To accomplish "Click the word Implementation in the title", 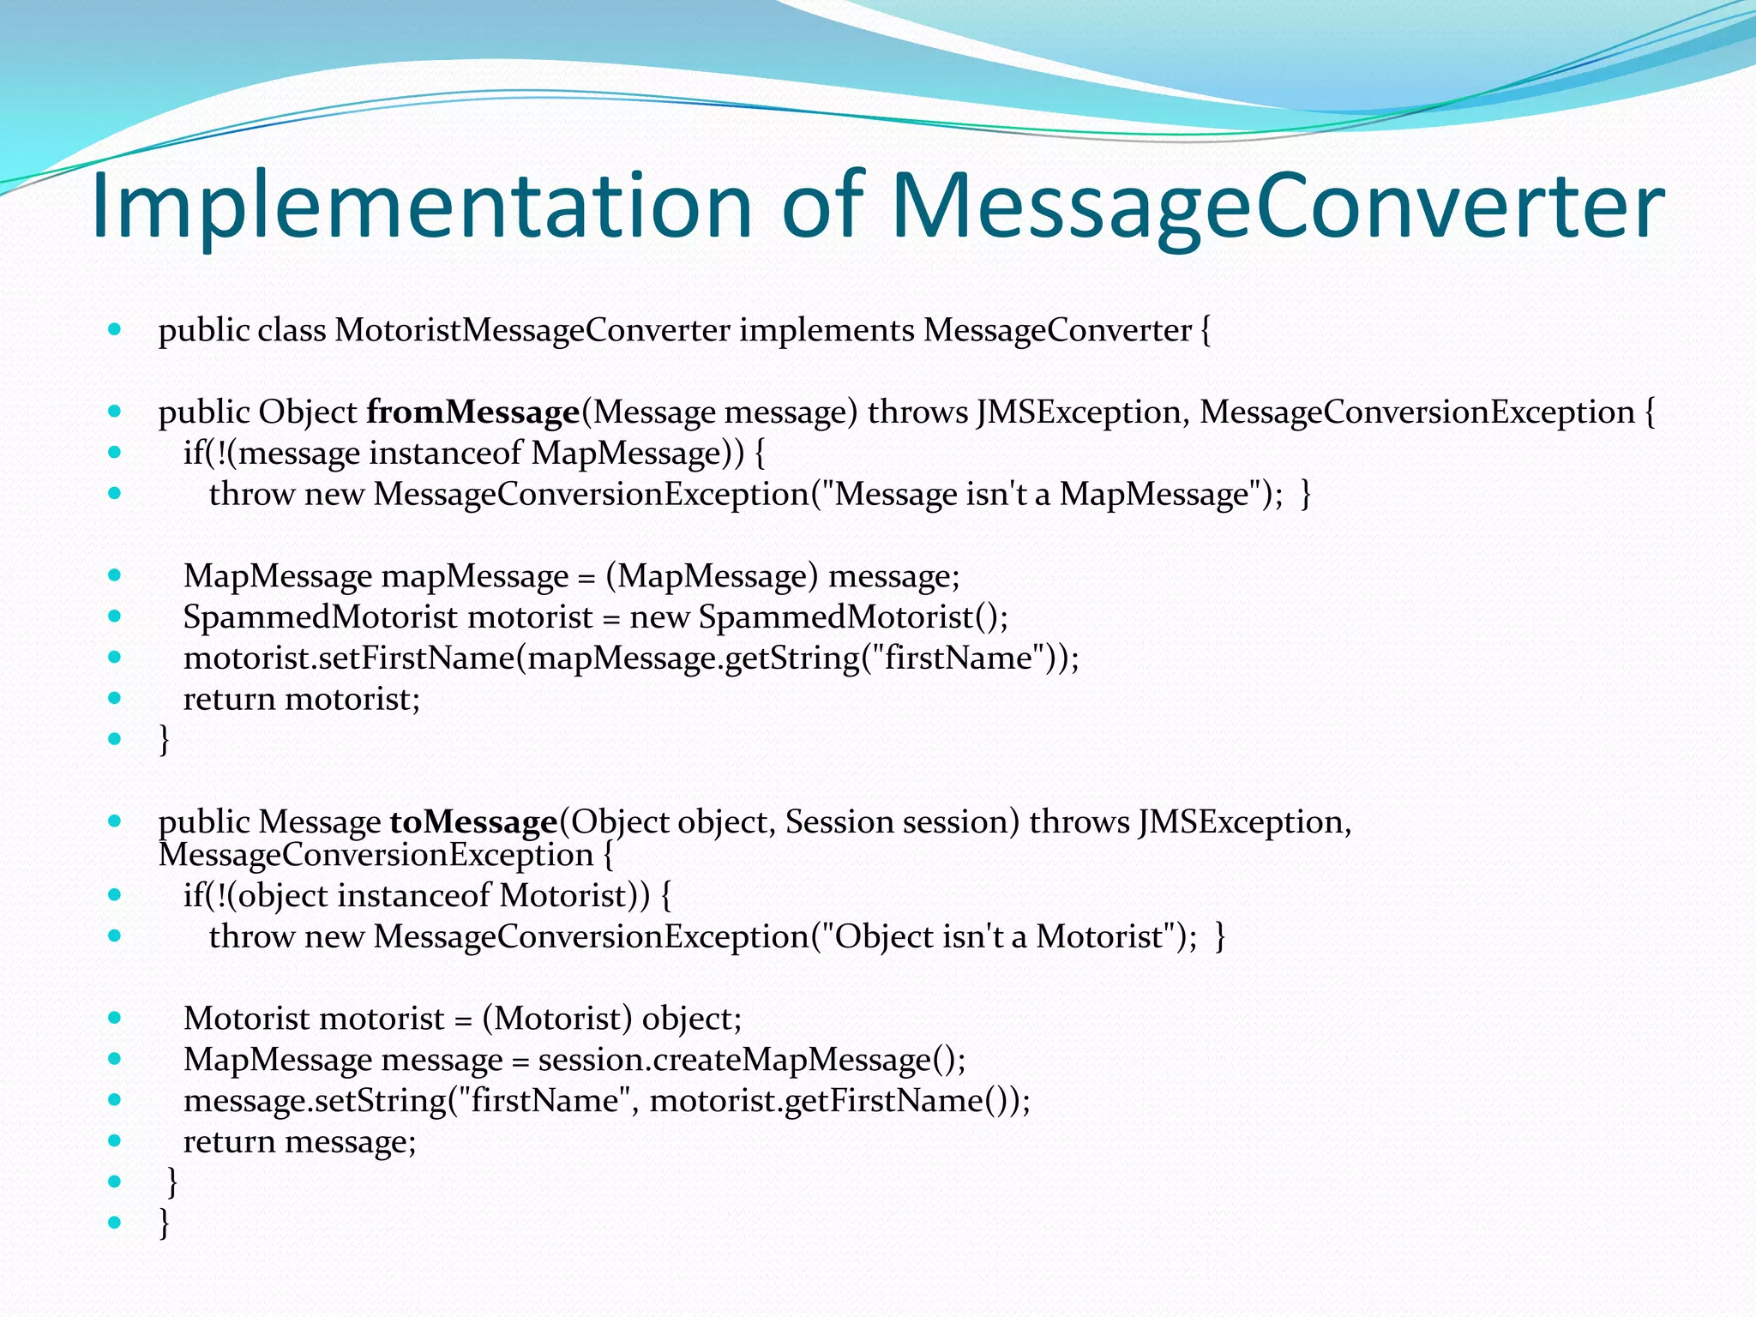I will (x=420, y=206).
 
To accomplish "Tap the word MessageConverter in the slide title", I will (x=1278, y=206).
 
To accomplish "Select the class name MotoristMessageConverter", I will (x=532, y=330).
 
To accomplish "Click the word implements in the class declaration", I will (x=827, y=330).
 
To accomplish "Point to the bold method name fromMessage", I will (x=473, y=412).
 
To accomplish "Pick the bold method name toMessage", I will (x=473, y=822).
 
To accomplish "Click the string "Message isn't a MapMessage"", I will (x=1041, y=495).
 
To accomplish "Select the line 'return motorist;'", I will (x=302, y=700).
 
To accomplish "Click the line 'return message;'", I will (x=299, y=1142).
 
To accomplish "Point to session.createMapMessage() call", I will (x=751, y=1061).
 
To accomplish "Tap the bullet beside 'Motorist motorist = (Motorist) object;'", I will (x=115, y=1018).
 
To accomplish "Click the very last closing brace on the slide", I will (x=165, y=1223).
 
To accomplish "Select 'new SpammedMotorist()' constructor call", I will (x=818, y=617).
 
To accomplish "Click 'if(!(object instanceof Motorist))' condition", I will (x=417, y=896).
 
